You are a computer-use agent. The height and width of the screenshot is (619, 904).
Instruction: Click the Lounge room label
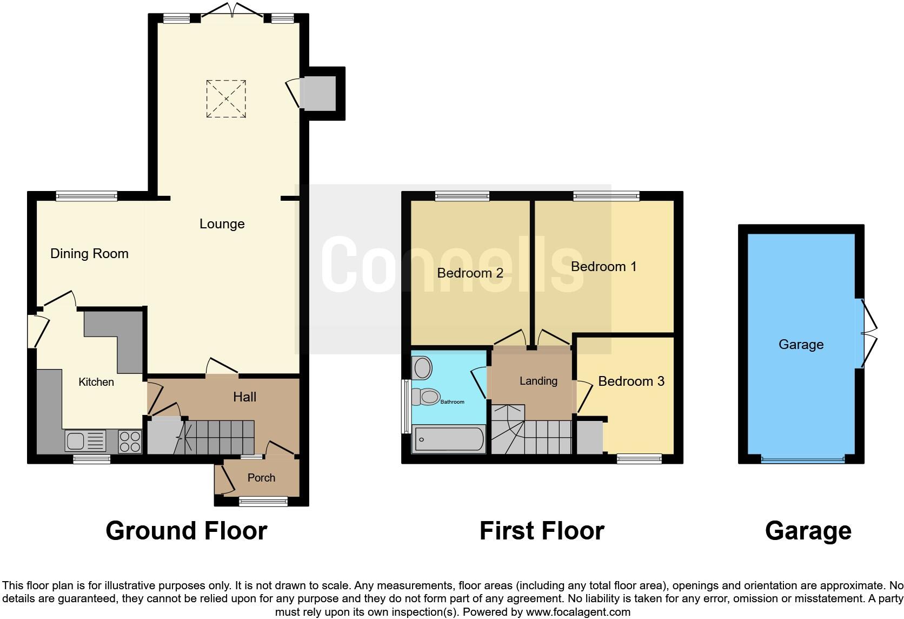[x=222, y=223]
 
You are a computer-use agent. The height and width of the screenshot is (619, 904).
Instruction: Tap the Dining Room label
[x=89, y=253]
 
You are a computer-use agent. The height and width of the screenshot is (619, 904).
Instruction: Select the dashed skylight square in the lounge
[x=226, y=98]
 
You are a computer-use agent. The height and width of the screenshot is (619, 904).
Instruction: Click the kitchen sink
[x=85, y=440]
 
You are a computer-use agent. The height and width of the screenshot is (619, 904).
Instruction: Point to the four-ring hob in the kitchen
[x=130, y=440]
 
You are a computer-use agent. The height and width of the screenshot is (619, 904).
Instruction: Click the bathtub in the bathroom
[x=448, y=440]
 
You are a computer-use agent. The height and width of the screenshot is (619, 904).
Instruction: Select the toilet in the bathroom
[x=427, y=397]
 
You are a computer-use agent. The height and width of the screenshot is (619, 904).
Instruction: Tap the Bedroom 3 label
[x=631, y=381]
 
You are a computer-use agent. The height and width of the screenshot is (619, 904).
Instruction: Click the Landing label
[x=538, y=381]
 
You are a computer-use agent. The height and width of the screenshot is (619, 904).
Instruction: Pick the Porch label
[x=261, y=478]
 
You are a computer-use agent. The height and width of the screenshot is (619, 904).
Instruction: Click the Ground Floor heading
[x=187, y=531]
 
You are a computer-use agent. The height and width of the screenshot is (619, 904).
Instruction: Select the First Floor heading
[x=542, y=531]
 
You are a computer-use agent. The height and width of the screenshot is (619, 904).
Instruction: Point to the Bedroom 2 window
[x=462, y=196]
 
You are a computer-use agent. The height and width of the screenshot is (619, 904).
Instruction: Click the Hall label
[x=244, y=397]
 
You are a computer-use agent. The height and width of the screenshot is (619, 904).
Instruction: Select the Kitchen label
[x=96, y=382]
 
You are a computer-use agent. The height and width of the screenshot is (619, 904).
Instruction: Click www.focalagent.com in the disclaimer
[x=578, y=612]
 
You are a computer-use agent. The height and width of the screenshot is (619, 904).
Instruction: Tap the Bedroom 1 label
[x=603, y=266]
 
